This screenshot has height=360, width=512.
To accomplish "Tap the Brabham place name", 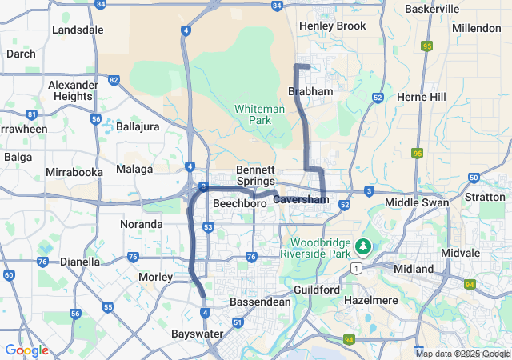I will pos(310,92).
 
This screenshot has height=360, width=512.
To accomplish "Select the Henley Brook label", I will pos(332,26).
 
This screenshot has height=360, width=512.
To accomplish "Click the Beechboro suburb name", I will pos(239,204).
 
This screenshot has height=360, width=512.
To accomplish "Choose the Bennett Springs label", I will pos(256,176).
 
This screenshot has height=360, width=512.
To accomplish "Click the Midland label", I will pos(414,269).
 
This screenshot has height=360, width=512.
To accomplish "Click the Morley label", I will pos(156,277).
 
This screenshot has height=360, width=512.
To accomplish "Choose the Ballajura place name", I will pos(138,126).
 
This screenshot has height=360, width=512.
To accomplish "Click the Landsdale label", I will pos(78,30).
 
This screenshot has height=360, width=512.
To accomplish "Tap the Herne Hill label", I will pos(422,96).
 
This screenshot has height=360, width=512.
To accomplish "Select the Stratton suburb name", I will pos(485,197).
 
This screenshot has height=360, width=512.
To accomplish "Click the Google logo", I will pos(26,350).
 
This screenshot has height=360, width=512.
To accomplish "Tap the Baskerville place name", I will pos(432,9).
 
